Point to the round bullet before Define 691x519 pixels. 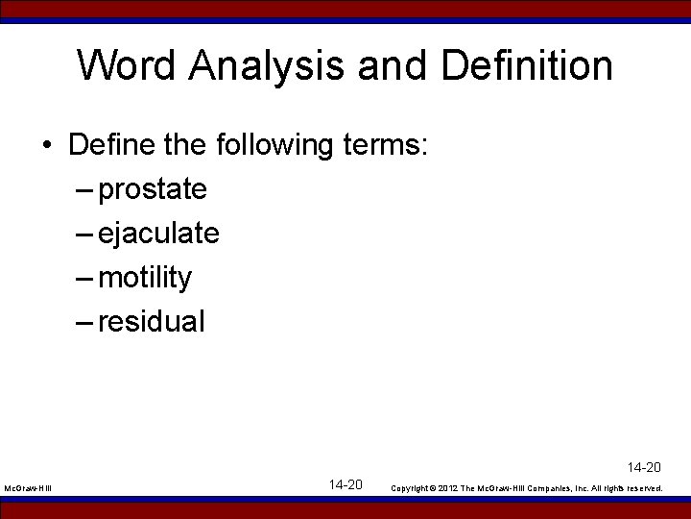point(47,146)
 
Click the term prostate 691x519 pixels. point(153,190)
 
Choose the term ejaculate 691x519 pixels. point(158,234)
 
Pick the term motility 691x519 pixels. point(145,278)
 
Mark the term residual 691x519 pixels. point(152,322)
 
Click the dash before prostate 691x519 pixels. point(83,190)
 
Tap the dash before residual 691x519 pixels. point(83,322)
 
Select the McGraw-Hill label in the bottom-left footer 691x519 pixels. point(28,488)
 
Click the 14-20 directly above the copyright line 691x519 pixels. point(644,468)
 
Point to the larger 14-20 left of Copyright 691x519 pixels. point(345,484)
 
